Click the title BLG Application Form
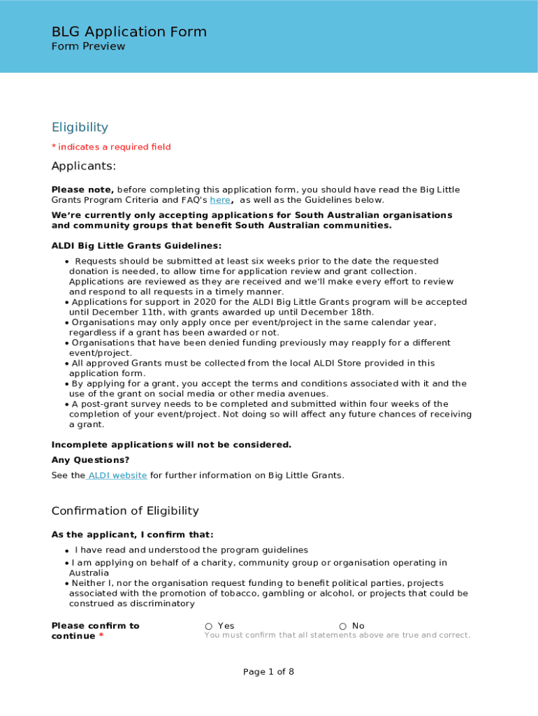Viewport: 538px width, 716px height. (x=129, y=31)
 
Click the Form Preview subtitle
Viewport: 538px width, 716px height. (x=88, y=47)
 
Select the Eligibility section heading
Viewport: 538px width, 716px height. (x=80, y=127)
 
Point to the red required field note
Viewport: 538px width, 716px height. (x=111, y=147)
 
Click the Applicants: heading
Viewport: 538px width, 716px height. (x=83, y=166)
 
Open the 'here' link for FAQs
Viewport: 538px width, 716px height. (x=219, y=200)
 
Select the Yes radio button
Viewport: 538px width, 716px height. (x=209, y=626)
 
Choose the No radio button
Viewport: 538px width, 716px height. (x=343, y=626)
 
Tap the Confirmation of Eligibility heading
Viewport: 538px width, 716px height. (x=125, y=511)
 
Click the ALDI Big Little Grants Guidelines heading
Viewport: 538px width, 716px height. (x=136, y=246)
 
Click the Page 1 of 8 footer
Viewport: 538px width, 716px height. (x=268, y=672)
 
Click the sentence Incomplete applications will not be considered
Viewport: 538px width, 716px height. (x=171, y=445)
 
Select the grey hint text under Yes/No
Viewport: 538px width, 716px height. (x=337, y=636)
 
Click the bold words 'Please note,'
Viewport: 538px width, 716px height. (x=82, y=189)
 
